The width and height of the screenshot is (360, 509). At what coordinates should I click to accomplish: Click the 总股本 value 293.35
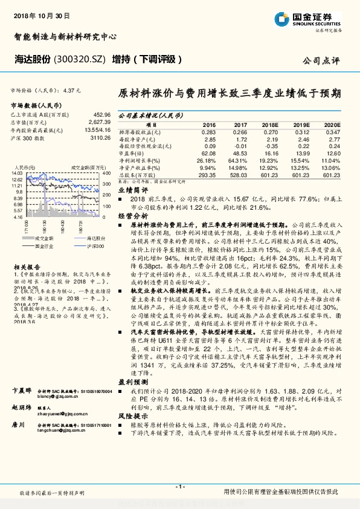tap(207, 175)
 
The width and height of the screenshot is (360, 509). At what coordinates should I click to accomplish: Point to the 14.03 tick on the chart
tap(17, 173)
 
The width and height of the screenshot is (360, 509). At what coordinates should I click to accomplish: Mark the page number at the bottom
tap(179, 487)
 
